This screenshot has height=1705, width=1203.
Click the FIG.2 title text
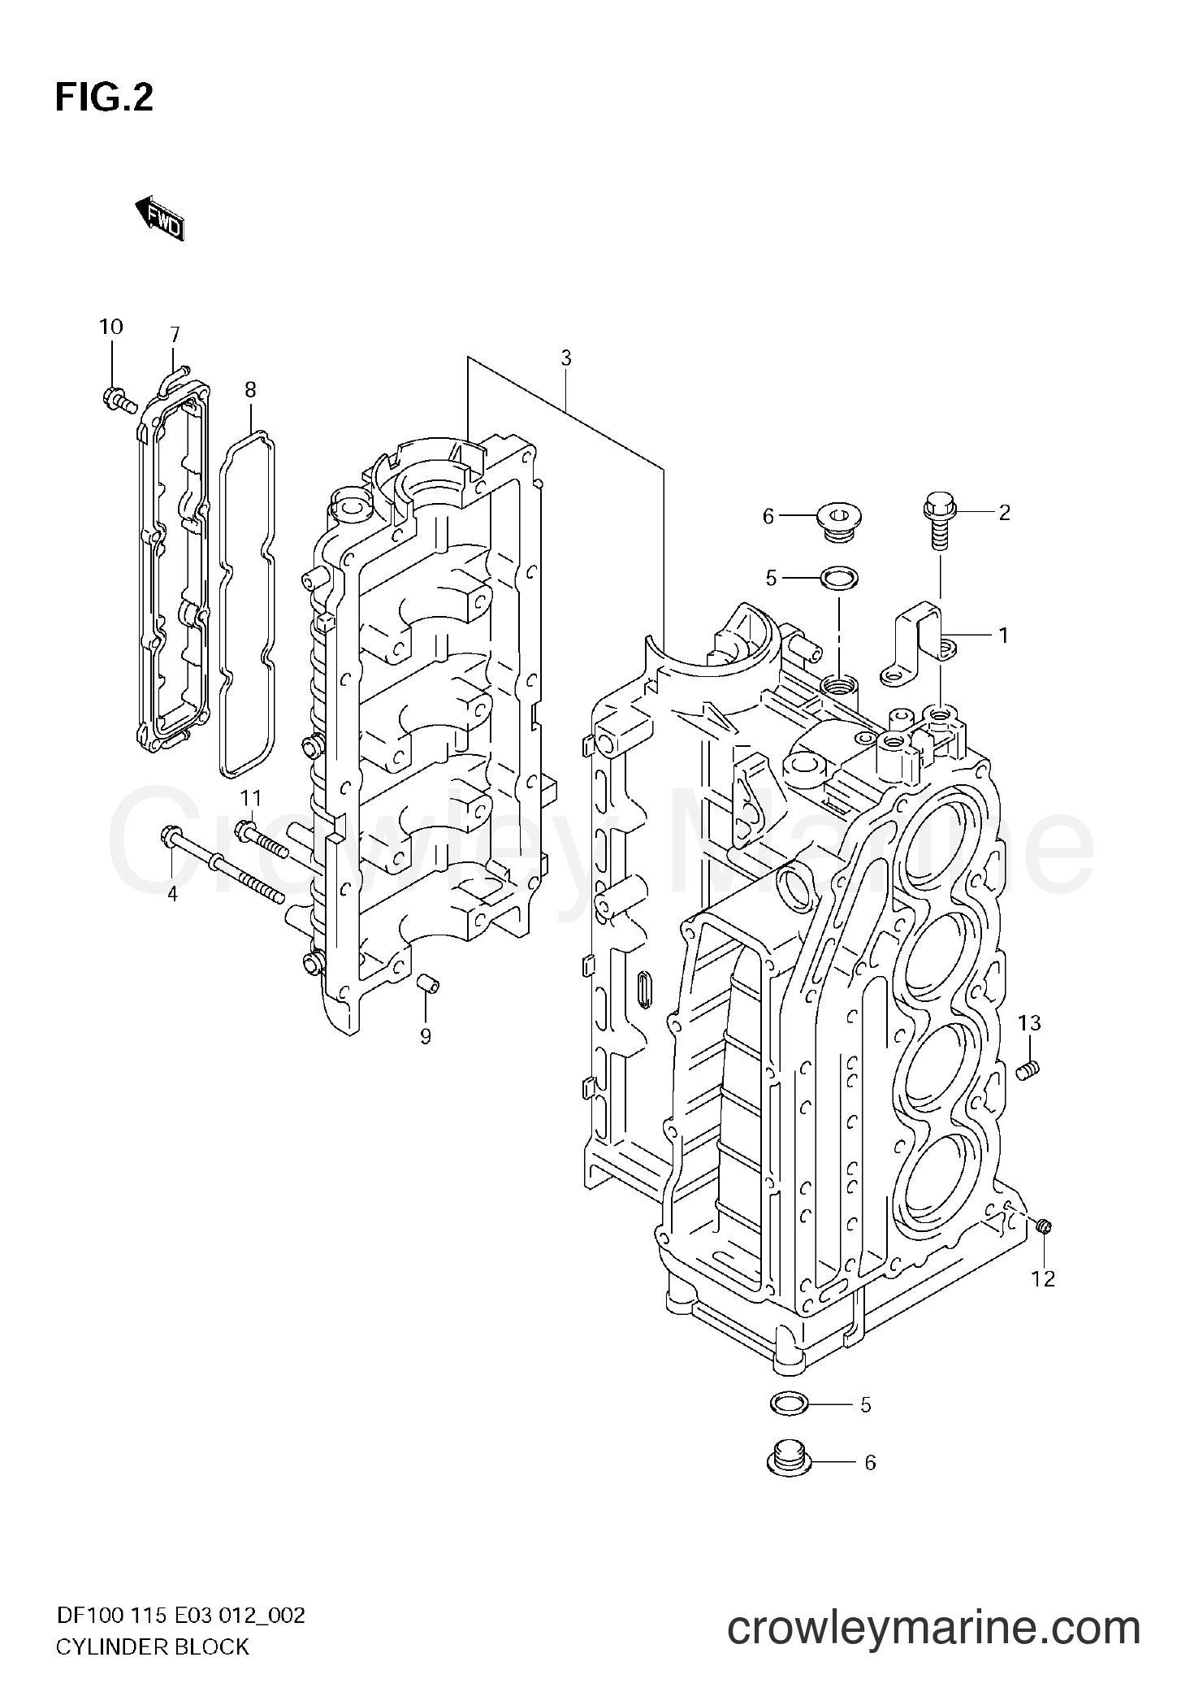(104, 98)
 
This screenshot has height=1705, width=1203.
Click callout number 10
(111, 328)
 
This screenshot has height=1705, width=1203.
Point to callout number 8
(250, 391)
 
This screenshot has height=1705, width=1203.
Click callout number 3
(565, 358)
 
